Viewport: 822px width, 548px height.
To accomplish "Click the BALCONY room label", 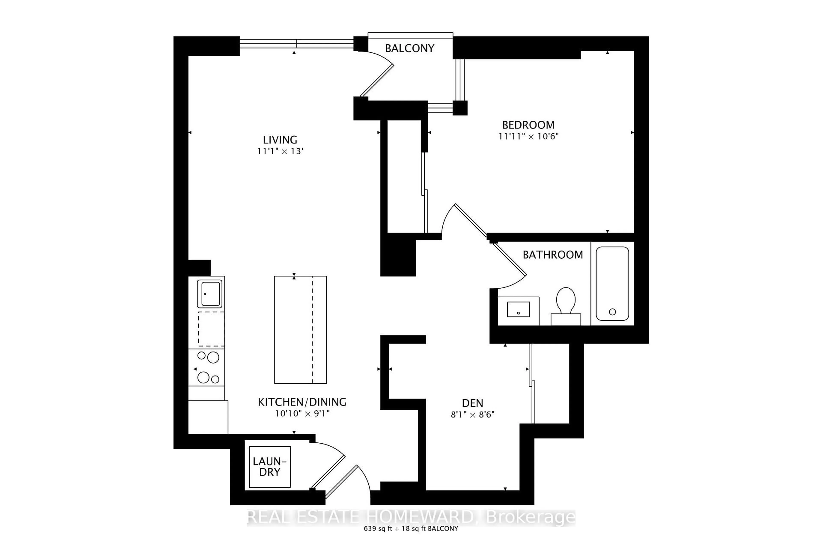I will (410, 48).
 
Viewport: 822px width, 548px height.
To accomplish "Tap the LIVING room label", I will (280, 140).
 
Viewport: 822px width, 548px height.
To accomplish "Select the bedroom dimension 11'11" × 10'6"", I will (529, 136).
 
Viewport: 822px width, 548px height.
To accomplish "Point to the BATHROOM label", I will (552, 255).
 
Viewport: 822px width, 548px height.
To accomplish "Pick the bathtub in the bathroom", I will (612, 284).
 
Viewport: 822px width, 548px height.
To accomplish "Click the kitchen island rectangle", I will (300, 330).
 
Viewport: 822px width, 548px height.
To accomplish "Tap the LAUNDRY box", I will (270, 467).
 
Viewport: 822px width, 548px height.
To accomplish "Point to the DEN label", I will (472, 403).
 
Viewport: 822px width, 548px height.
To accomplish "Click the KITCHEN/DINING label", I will (302, 402).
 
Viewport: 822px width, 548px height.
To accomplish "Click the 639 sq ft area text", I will (377, 529).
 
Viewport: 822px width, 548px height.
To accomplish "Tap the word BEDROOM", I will (528, 125).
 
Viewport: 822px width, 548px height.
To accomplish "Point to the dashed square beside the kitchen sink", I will (211, 329).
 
